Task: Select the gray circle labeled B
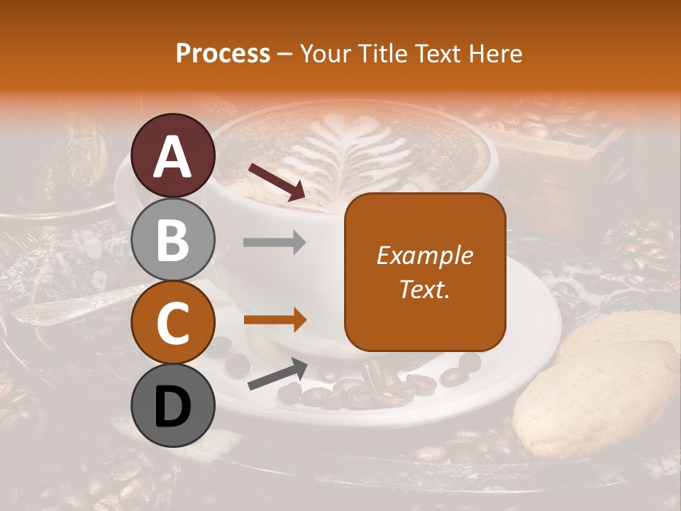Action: click(173, 239)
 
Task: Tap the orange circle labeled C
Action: click(173, 323)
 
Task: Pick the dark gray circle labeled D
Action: click(173, 407)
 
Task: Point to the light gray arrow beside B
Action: click(275, 243)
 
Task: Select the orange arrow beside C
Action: click(275, 320)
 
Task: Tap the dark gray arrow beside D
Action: click(277, 374)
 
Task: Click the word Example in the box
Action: click(424, 255)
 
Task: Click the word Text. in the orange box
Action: click(424, 290)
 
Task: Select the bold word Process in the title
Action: click(223, 53)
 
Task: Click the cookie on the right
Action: click(596, 397)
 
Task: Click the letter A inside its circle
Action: click(173, 156)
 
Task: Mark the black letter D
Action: click(173, 407)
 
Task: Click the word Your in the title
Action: click(325, 53)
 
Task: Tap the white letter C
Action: click(173, 323)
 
